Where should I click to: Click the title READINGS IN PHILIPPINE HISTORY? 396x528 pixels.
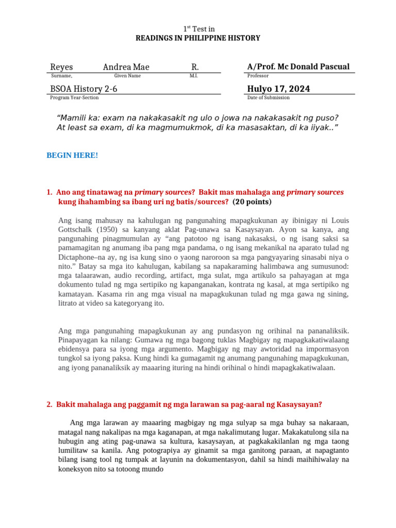[198, 38]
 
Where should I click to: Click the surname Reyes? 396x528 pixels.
[61, 67]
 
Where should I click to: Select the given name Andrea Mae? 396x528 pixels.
[126, 67]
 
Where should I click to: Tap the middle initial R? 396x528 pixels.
[195, 67]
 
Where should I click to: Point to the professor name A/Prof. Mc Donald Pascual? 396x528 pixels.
[298, 67]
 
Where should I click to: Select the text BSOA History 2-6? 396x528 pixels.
[84, 89]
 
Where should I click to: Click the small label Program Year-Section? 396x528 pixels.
[74, 97]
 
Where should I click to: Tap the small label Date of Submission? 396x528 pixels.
[268, 97]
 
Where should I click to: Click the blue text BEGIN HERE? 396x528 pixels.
[72, 155]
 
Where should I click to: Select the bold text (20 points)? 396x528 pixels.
[252, 202]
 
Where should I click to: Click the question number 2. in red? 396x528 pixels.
[49, 404]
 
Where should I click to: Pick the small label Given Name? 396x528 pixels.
[127, 76]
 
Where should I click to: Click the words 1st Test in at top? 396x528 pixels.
[198, 29]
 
